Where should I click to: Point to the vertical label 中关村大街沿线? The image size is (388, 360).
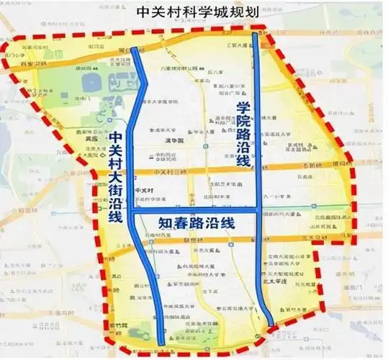(115, 177)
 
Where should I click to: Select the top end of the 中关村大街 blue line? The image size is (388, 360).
(135, 50)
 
